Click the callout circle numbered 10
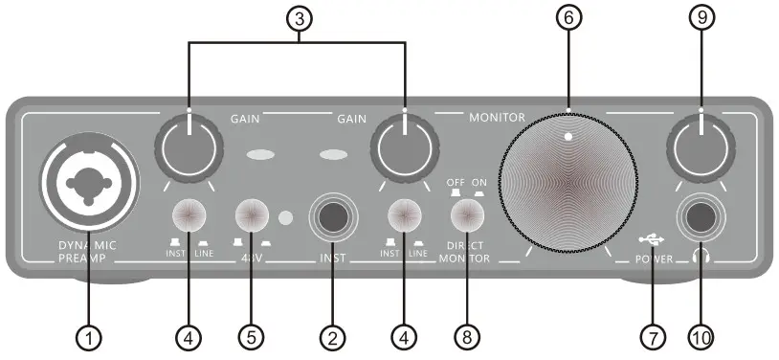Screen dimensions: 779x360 point(701,336)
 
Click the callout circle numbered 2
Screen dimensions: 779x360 point(333,336)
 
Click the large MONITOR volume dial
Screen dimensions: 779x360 point(568,183)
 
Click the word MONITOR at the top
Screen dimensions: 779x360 point(497,116)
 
